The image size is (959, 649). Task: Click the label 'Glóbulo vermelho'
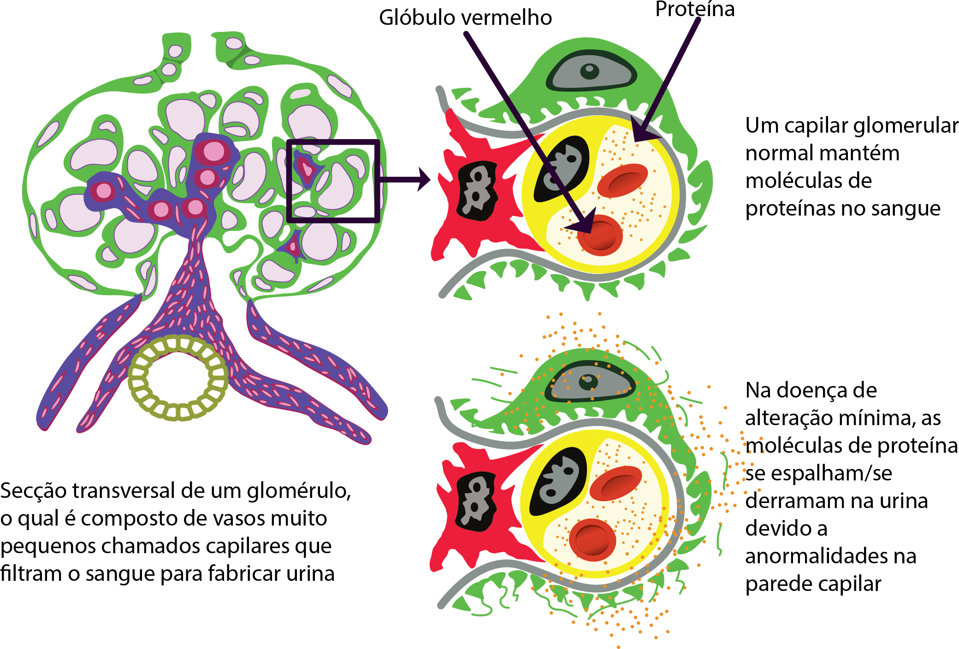[465, 18]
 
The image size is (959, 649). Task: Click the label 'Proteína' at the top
[695, 9]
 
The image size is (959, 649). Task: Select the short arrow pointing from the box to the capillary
[405, 179]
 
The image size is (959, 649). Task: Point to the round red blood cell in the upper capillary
[600, 235]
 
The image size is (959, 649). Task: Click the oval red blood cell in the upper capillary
[623, 181]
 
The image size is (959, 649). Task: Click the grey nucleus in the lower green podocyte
[590, 382]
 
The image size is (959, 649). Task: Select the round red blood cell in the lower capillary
[592, 540]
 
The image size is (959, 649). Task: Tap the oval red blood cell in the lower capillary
[616, 483]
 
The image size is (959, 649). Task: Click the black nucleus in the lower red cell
[476, 501]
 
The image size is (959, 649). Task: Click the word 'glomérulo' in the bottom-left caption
[299, 491]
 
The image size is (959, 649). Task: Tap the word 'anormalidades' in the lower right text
[831, 556]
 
